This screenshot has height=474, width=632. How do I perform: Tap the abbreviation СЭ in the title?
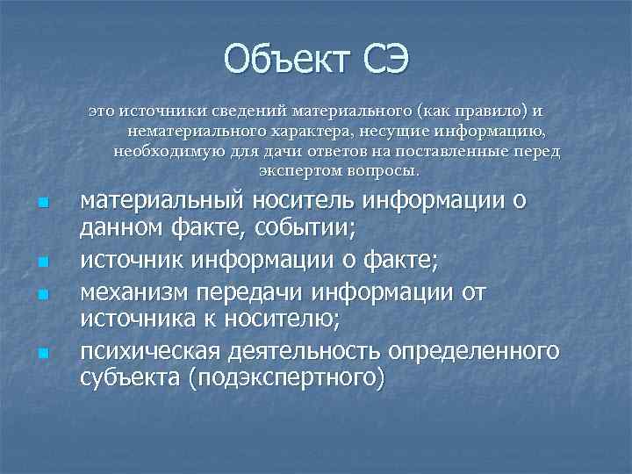(380, 59)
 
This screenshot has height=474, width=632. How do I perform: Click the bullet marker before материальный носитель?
(42, 205)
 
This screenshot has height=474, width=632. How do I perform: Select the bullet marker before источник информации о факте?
(42, 262)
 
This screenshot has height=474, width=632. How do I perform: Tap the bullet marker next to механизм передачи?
(42, 292)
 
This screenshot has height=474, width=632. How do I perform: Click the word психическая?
(150, 351)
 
